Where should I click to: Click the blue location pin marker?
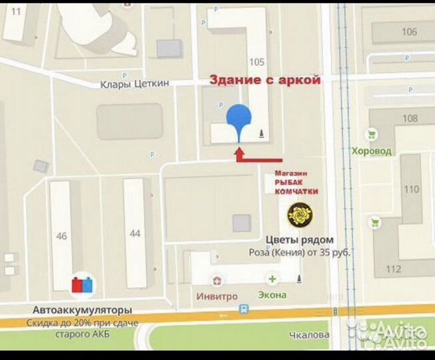239,120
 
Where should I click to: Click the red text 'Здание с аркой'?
265,80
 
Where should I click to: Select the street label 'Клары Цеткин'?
135,83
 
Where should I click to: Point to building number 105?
256,62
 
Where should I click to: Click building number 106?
410,31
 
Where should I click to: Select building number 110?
412,189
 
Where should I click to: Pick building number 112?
393,269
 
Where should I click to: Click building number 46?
62,236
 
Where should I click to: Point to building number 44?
135,233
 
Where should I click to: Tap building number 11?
16,11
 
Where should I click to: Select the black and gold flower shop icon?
298,215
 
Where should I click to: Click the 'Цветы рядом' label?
300,240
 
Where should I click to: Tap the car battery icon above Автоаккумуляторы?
83,285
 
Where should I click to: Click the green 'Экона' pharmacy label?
272,295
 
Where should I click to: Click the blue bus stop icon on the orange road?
245,309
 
